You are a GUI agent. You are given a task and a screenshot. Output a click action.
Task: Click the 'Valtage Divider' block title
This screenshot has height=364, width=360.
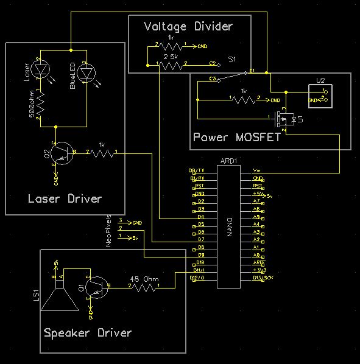[x=188, y=26]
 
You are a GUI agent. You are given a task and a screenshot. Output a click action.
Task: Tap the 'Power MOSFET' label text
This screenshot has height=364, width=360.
[x=236, y=137]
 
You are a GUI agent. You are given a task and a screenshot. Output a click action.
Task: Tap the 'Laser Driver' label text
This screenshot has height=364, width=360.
[x=65, y=199]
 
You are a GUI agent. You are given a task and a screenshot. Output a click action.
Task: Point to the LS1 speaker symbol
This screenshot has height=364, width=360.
[x=57, y=296]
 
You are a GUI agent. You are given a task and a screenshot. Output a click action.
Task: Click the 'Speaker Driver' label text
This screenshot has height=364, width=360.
[x=87, y=333]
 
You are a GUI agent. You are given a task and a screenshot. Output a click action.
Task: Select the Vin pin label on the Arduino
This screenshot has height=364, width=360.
[x=257, y=171]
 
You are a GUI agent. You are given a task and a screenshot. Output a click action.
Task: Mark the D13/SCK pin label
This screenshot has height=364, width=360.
[x=261, y=278]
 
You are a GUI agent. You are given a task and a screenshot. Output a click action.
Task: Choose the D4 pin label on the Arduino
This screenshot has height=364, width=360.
[x=200, y=217]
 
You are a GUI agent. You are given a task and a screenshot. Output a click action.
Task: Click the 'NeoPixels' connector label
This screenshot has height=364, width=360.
[x=110, y=231]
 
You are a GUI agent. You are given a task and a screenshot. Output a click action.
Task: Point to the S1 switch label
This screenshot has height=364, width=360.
[x=231, y=59]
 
